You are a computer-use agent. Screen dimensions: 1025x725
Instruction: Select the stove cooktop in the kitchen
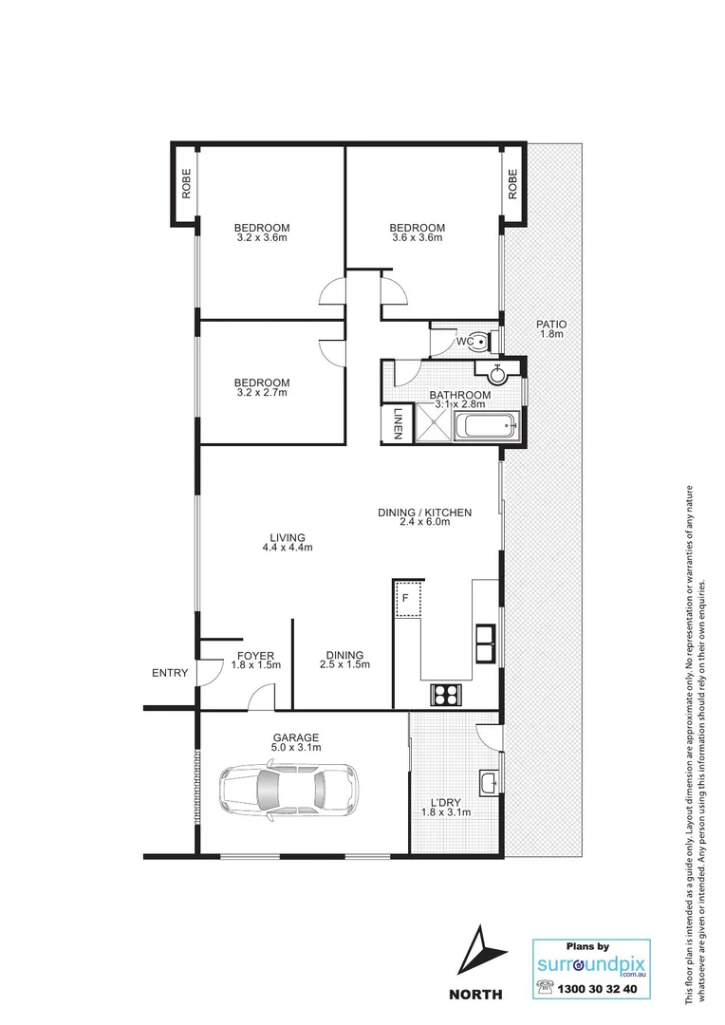tap(443, 695)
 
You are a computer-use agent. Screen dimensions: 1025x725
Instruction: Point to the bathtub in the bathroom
tap(485, 427)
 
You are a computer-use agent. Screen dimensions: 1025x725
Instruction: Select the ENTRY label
tap(170, 674)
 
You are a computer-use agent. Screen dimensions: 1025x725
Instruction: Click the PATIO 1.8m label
tap(551, 328)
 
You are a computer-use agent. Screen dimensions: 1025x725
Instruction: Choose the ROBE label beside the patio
tap(512, 183)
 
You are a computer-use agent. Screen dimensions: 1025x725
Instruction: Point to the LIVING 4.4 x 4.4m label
tap(288, 542)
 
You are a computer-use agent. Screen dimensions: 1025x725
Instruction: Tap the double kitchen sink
tap(487, 643)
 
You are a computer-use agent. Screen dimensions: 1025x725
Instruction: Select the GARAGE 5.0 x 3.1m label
tap(297, 742)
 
